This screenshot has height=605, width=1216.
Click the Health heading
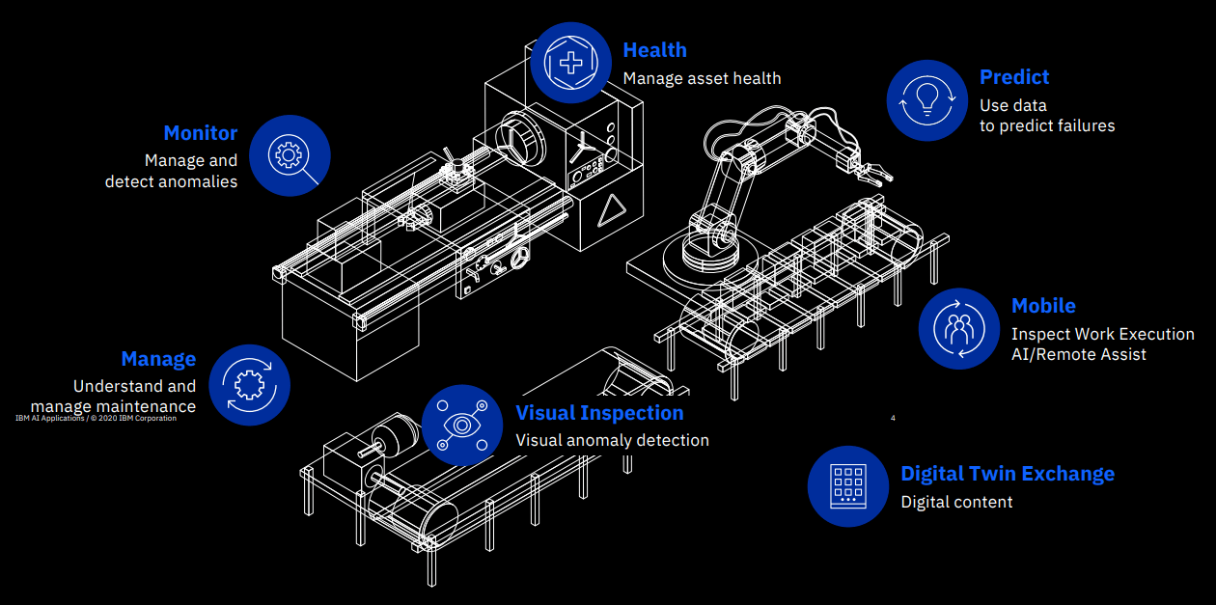654,50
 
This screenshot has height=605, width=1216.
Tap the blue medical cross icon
570,63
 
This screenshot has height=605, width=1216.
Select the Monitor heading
200,133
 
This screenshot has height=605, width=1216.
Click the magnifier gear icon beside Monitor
290,156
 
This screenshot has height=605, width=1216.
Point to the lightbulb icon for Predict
926,99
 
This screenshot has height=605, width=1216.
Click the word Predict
1013,77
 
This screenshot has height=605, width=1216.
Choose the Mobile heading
1043,306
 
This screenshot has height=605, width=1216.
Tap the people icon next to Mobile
958,328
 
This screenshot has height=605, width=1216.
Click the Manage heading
158,359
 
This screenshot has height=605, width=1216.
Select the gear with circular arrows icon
249,384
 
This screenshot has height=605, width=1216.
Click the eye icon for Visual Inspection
462,425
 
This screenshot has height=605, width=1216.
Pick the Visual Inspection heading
599,413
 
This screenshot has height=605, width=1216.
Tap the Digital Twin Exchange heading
1007,474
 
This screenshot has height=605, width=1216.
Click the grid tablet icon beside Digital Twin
847,485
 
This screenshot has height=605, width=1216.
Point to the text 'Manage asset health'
702,78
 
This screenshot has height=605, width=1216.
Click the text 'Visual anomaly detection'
612,440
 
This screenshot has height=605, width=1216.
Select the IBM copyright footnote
97,419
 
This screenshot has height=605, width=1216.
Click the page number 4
893,418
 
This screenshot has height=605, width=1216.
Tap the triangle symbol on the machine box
609,211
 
